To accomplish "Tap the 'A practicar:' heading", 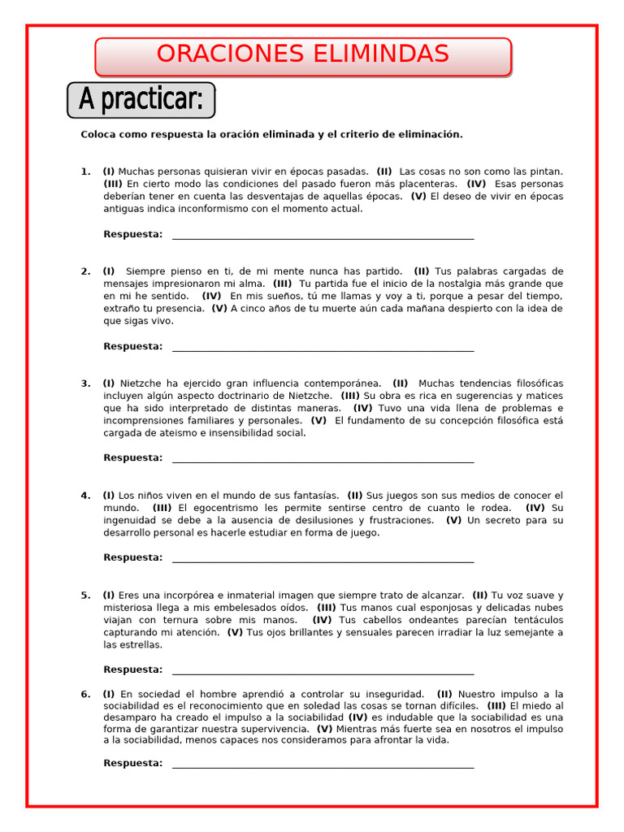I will click(141, 100).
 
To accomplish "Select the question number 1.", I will click(84, 171).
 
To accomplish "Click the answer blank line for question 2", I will click(323, 349).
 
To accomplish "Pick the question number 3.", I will click(84, 383).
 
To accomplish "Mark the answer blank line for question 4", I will click(323, 561).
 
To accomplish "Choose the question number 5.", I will click(84, 596).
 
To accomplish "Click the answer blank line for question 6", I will click(323, 766).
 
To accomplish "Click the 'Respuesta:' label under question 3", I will click(132, 458).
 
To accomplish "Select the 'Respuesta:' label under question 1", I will click(132, 235).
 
